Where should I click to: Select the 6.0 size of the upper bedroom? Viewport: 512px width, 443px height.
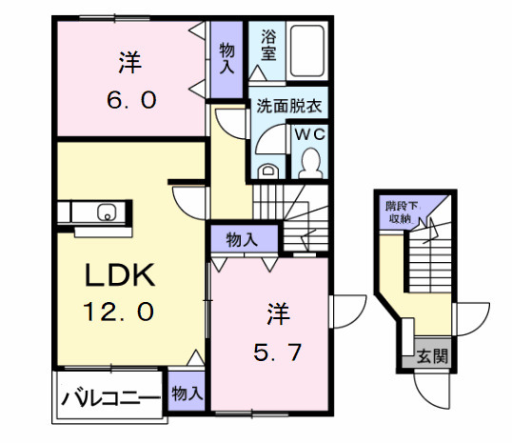click(x=131, y=98)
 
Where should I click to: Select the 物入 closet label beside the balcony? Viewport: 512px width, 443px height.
click(x=186, y=392)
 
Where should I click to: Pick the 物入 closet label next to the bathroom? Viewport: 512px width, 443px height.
click(x=227, y=57)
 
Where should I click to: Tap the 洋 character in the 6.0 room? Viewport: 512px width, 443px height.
click(x=130, y=64)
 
